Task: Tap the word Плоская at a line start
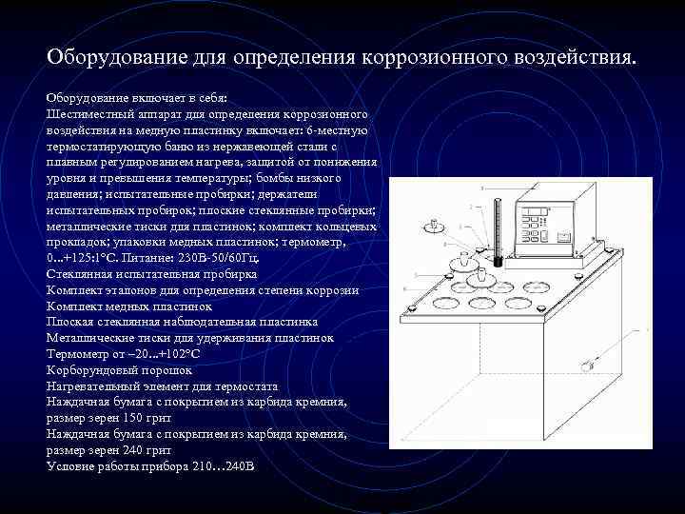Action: coord(69,323)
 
